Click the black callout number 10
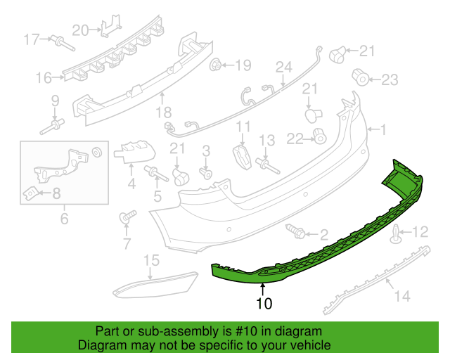(264, 303)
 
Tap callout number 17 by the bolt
(31, 39)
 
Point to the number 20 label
(80, 30)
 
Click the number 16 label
(44, 78)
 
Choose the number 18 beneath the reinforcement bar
(164, 112)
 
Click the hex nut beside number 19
(215, 65)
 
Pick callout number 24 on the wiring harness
(284, 67)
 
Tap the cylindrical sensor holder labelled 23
(361, 77)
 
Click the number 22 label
(295, 139)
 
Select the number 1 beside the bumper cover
(383, 130)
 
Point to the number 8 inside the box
(56, 193)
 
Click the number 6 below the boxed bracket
(64, 219)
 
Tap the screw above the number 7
(127, 217)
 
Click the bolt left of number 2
(295, 231)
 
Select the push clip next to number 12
(396, 234)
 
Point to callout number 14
(402, 296)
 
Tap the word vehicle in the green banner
(313, 345)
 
